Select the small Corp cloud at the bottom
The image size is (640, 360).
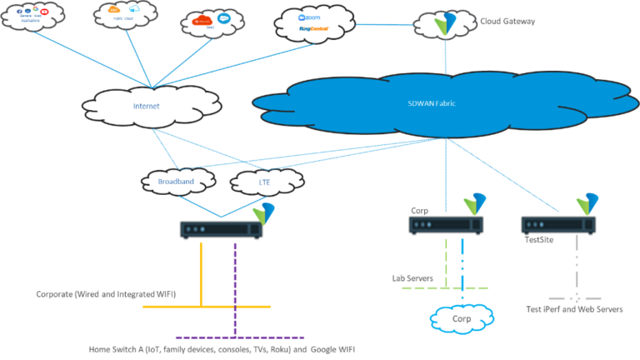click(x=461, y=317)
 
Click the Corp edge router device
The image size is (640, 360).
click(x=446, y=224)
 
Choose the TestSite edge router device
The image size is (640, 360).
click(x=557, y=224)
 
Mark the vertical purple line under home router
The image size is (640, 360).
click(x=235, y=283)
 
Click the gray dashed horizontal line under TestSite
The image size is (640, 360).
click(x=574, y=297)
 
